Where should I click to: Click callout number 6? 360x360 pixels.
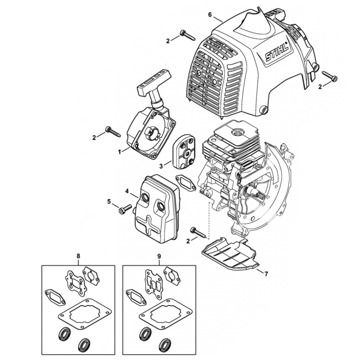210,14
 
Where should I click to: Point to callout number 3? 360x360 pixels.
161,166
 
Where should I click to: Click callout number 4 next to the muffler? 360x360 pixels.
127,191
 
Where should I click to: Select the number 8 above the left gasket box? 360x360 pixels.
78,255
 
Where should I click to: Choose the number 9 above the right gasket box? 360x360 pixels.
159,255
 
